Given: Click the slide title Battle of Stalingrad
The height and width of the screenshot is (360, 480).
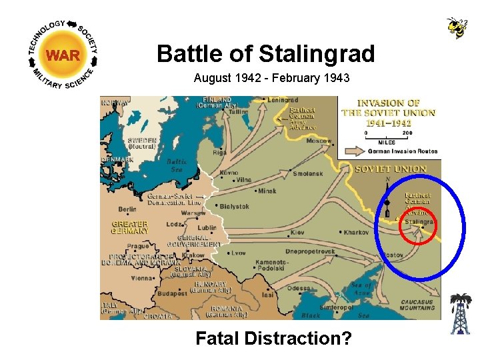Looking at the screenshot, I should (x=265, y=53).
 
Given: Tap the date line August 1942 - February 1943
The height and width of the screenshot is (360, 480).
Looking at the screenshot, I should (x=271, y=78).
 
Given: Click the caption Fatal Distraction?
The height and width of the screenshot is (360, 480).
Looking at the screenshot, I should (x=273, y=338).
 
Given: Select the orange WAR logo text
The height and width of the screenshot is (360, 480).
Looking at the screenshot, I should (x=63, y=55).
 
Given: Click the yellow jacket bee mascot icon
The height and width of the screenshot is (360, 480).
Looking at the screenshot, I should (x=457, y=27).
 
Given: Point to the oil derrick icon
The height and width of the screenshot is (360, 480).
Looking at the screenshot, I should (x=459, y=314).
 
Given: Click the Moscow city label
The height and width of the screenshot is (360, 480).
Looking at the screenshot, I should (x=319, y=141).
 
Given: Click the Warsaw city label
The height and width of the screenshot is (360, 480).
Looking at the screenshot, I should (x=193, y=213).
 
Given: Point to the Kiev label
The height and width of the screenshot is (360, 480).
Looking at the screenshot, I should (x=297, y=233).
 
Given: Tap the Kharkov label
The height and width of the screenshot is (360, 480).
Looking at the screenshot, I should (x=357, y=232).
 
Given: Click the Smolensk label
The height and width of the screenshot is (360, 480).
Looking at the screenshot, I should (x=309, y=174).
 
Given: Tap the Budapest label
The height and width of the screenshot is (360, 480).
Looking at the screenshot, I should (x=172, y=293).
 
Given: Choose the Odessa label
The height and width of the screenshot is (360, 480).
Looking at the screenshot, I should (x=299, y=288).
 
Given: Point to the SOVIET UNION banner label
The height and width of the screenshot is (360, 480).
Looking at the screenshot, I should (x=391, y=169).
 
